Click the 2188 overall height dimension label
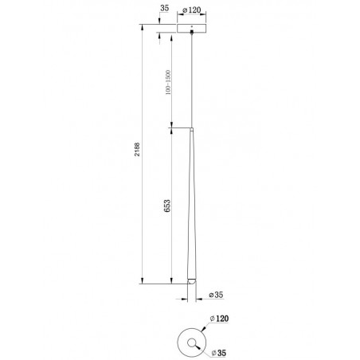tap(137, 150)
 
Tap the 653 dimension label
tap(167, 205)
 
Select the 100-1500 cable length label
tap(168, 82)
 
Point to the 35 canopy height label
tap(165, 8)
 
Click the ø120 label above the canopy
tap(192, 10)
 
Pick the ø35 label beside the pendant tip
tap(216, 295)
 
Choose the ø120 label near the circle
tap(219, 319)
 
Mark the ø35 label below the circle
tap(219, 353)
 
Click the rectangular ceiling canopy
tap(192, 28)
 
